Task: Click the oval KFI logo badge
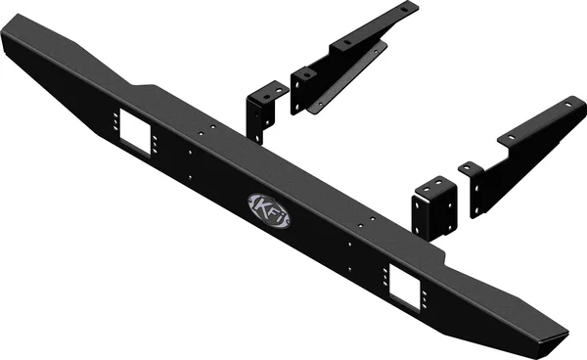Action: (268, 208)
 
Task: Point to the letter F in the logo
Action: (270, 209)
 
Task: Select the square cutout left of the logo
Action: (136, 132)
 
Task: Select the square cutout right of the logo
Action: (404, 282)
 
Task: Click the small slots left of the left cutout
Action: (115, 123)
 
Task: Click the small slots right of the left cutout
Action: (158, 146)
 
